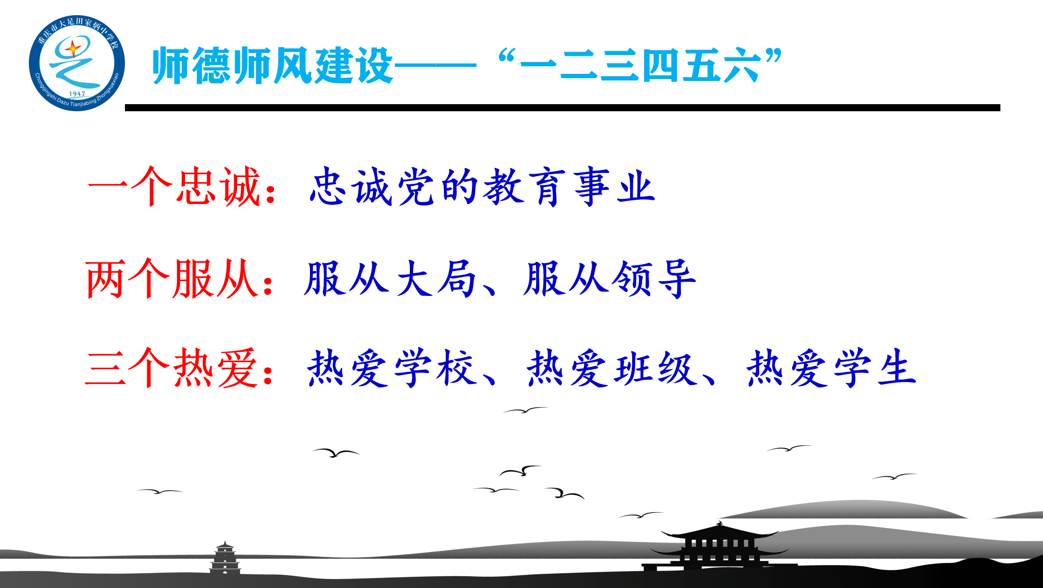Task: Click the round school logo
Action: point(77,63)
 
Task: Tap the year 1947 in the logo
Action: point(77,94)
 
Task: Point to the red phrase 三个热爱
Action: point(171,368)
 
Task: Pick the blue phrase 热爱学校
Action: point(391,368)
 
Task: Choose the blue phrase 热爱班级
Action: point(610,368)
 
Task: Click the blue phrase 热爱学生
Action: point(831,368)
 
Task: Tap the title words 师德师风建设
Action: point(272,65)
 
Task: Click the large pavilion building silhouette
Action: point(719,547)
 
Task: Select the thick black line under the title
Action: point(562,108)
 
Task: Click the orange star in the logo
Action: point(73,49)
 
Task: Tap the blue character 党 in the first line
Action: point(415,187)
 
